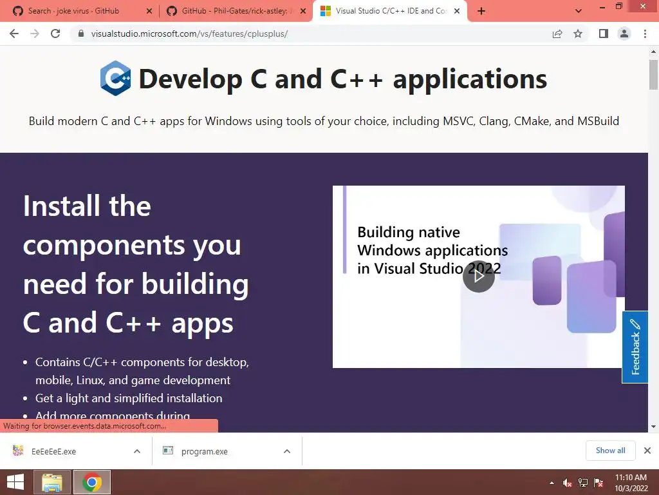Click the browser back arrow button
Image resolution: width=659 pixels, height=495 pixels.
coord(14,34)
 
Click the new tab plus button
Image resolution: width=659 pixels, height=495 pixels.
coord(481,12)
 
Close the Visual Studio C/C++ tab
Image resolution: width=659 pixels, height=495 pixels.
coord(457,12)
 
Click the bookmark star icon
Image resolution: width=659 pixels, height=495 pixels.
coord(578,34)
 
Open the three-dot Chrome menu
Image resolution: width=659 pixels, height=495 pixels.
coord(645,34)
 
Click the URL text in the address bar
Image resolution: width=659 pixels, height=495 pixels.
coord(189,34)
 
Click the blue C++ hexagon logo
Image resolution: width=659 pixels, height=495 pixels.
coord(115,78)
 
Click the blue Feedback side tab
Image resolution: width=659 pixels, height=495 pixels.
coord(635,347)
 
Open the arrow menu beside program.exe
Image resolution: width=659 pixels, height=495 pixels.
coord(287,451)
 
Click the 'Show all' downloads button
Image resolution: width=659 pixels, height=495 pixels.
coord(610,451)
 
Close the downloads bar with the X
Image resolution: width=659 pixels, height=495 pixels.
coord(647,451)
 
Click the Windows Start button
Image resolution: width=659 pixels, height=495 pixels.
coord(15,482)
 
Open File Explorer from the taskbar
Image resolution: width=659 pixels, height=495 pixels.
coord(51,482)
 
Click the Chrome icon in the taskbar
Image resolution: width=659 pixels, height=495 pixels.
coord(92,482)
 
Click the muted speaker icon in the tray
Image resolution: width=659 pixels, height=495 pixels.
coord(567,483)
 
